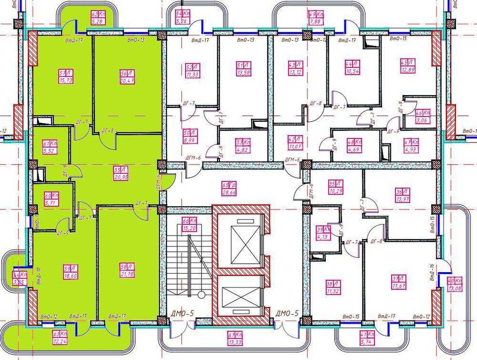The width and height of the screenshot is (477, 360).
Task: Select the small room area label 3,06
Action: (x=423, y=121)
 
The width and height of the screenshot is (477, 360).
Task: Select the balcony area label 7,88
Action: (x=316, y=22)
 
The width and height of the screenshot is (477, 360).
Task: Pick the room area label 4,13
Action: (x=323, y=237)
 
